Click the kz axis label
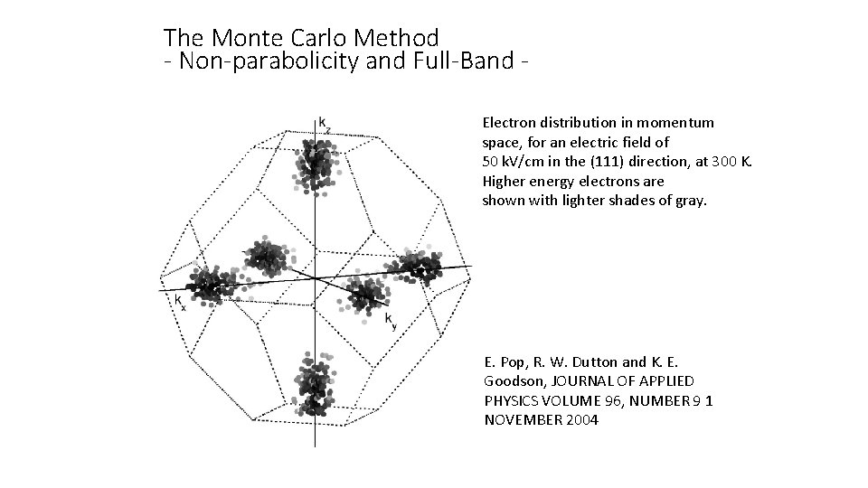pos(324,124)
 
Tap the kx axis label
pos(181,301)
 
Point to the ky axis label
pos(390,320)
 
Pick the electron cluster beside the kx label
pos(208,284)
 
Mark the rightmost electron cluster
pos(418,266)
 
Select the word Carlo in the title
pos(307,38)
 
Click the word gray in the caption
pos(692,201)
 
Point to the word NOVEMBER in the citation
pos(519,422)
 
